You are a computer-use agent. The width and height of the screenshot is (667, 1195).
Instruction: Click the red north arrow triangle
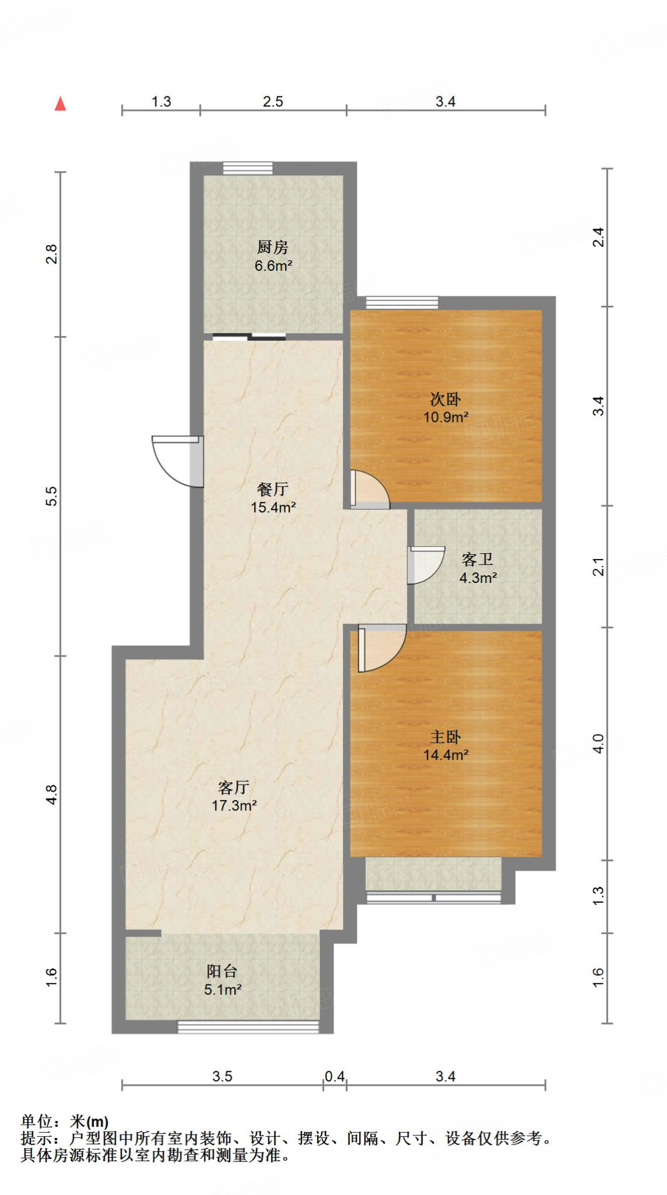click(x=60, y=104)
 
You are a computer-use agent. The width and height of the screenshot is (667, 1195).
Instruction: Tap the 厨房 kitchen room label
click(x=273, y=247)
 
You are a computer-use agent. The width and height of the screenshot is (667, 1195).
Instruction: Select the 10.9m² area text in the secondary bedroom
click(x=446, y=417)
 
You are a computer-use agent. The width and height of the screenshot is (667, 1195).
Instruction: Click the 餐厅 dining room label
click(x=273, y=489)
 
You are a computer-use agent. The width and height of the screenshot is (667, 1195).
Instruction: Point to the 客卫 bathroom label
click(x=477, y=560)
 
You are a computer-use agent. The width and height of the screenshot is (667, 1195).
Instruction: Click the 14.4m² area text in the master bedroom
click(x=446, y=755)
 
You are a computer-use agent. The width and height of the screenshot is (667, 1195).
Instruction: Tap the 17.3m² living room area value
click(x=234, y=806)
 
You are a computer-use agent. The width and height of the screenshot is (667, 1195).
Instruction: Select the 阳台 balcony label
click(x=222, y=971)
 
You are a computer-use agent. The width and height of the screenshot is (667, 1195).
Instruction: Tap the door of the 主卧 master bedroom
click(x=380, y=647)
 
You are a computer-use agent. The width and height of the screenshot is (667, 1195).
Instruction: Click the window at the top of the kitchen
click(x=248, y=168)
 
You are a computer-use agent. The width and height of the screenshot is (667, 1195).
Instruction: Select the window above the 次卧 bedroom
click(x=402, y=302)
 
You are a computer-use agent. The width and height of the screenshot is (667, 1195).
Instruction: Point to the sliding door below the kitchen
click(x=249, y=337)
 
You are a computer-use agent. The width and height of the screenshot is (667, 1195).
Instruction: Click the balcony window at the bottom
click(x=248, y=1026)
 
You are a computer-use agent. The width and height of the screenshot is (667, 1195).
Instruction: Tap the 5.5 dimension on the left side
click(x=51, y=496)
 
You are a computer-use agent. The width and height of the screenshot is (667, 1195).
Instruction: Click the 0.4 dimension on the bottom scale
click(x=335, y=1076)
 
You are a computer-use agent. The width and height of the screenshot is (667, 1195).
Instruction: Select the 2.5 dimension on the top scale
click(x=273, y=102)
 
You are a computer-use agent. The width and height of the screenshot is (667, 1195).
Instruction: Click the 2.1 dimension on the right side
click(x=599, y=567)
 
